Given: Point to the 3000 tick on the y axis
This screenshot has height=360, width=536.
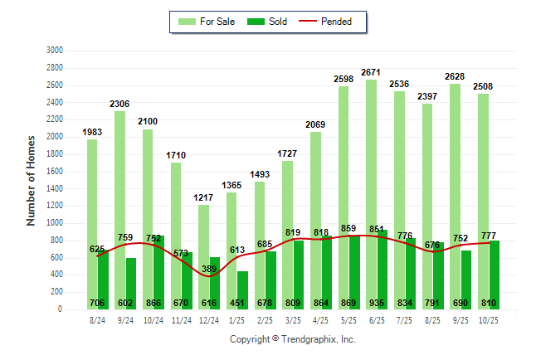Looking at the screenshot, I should (56, 51).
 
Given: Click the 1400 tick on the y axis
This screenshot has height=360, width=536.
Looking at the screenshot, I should (56, 188).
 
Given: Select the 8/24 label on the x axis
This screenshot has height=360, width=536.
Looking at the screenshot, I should (98, 319).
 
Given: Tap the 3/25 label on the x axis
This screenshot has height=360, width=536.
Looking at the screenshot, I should (293, 319).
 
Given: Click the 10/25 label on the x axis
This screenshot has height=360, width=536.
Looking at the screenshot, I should (489, 319).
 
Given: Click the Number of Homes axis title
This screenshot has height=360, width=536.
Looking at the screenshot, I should (32, 180).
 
